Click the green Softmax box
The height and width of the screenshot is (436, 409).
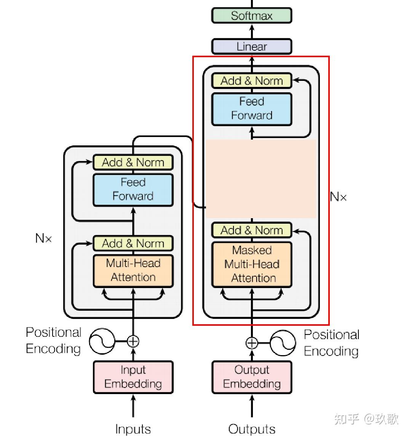(x=251, y=16)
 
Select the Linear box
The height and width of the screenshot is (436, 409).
(x=251, y=47)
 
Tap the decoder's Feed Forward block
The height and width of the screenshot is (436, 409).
(x=251, y=109)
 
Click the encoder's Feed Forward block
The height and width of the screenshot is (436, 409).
(x=133, y=190)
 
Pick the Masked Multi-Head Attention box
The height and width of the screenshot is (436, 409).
(x=251, y=264)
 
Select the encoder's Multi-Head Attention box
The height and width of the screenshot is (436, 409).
(x=133, y=270)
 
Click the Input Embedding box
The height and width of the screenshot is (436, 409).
(x=133, y=377)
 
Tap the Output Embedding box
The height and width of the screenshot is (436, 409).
(x=251, y=377)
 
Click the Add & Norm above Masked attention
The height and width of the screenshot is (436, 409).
(x=251, y=230)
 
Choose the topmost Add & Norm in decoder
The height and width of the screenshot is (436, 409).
(x=251, y=81)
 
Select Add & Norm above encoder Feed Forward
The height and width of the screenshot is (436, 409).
(x=133, y=162)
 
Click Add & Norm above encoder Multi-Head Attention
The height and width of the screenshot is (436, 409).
(x=133, y=243)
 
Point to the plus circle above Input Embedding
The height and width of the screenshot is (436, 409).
(x=133, y=341)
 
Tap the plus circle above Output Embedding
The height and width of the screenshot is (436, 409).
(x=251, y=343)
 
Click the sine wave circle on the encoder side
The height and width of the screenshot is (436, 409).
(x=102, y=341)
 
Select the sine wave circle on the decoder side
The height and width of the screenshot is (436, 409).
(x=283, y=343)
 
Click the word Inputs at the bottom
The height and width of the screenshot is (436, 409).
(x=133, y=429)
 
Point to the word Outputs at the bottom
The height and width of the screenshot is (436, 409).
(x=251, y=429)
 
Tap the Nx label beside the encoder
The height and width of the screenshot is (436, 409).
(x=43, y=238)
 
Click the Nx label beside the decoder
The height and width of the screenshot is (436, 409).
(x=338, y=197)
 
